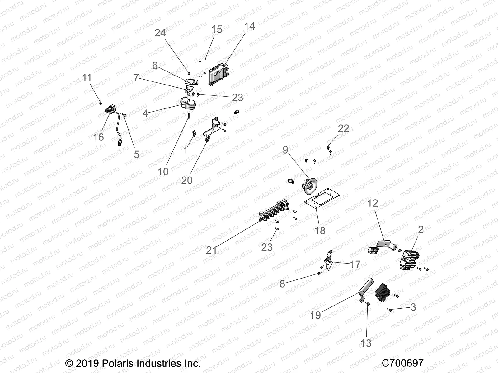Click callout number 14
pyautogui.click(x=249, y=26)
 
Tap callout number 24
pyautogui.click(x=160, y=33)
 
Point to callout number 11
pyautogui.click(x=87, y=77)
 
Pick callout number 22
pyautogui.click(x=344, y=128)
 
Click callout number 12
pyautogui.click(x=373, y=203)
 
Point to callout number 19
pyautogui.click(x=315, y=315)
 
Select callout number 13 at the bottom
pyautogui.click(x=366, y=343)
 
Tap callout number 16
pyautogui.click(x=98, y=137)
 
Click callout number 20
pyautogui.click(x=187, y=180)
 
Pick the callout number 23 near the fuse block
pyautogui.click(x=267, y=247)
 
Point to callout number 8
pyautogui.click(x=282, y=284)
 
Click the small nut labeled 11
pyautogui.click(x=101, y=103)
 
